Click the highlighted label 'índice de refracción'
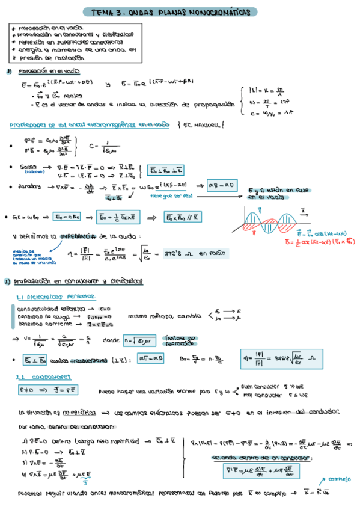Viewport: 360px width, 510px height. click(x=180, y=340)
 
